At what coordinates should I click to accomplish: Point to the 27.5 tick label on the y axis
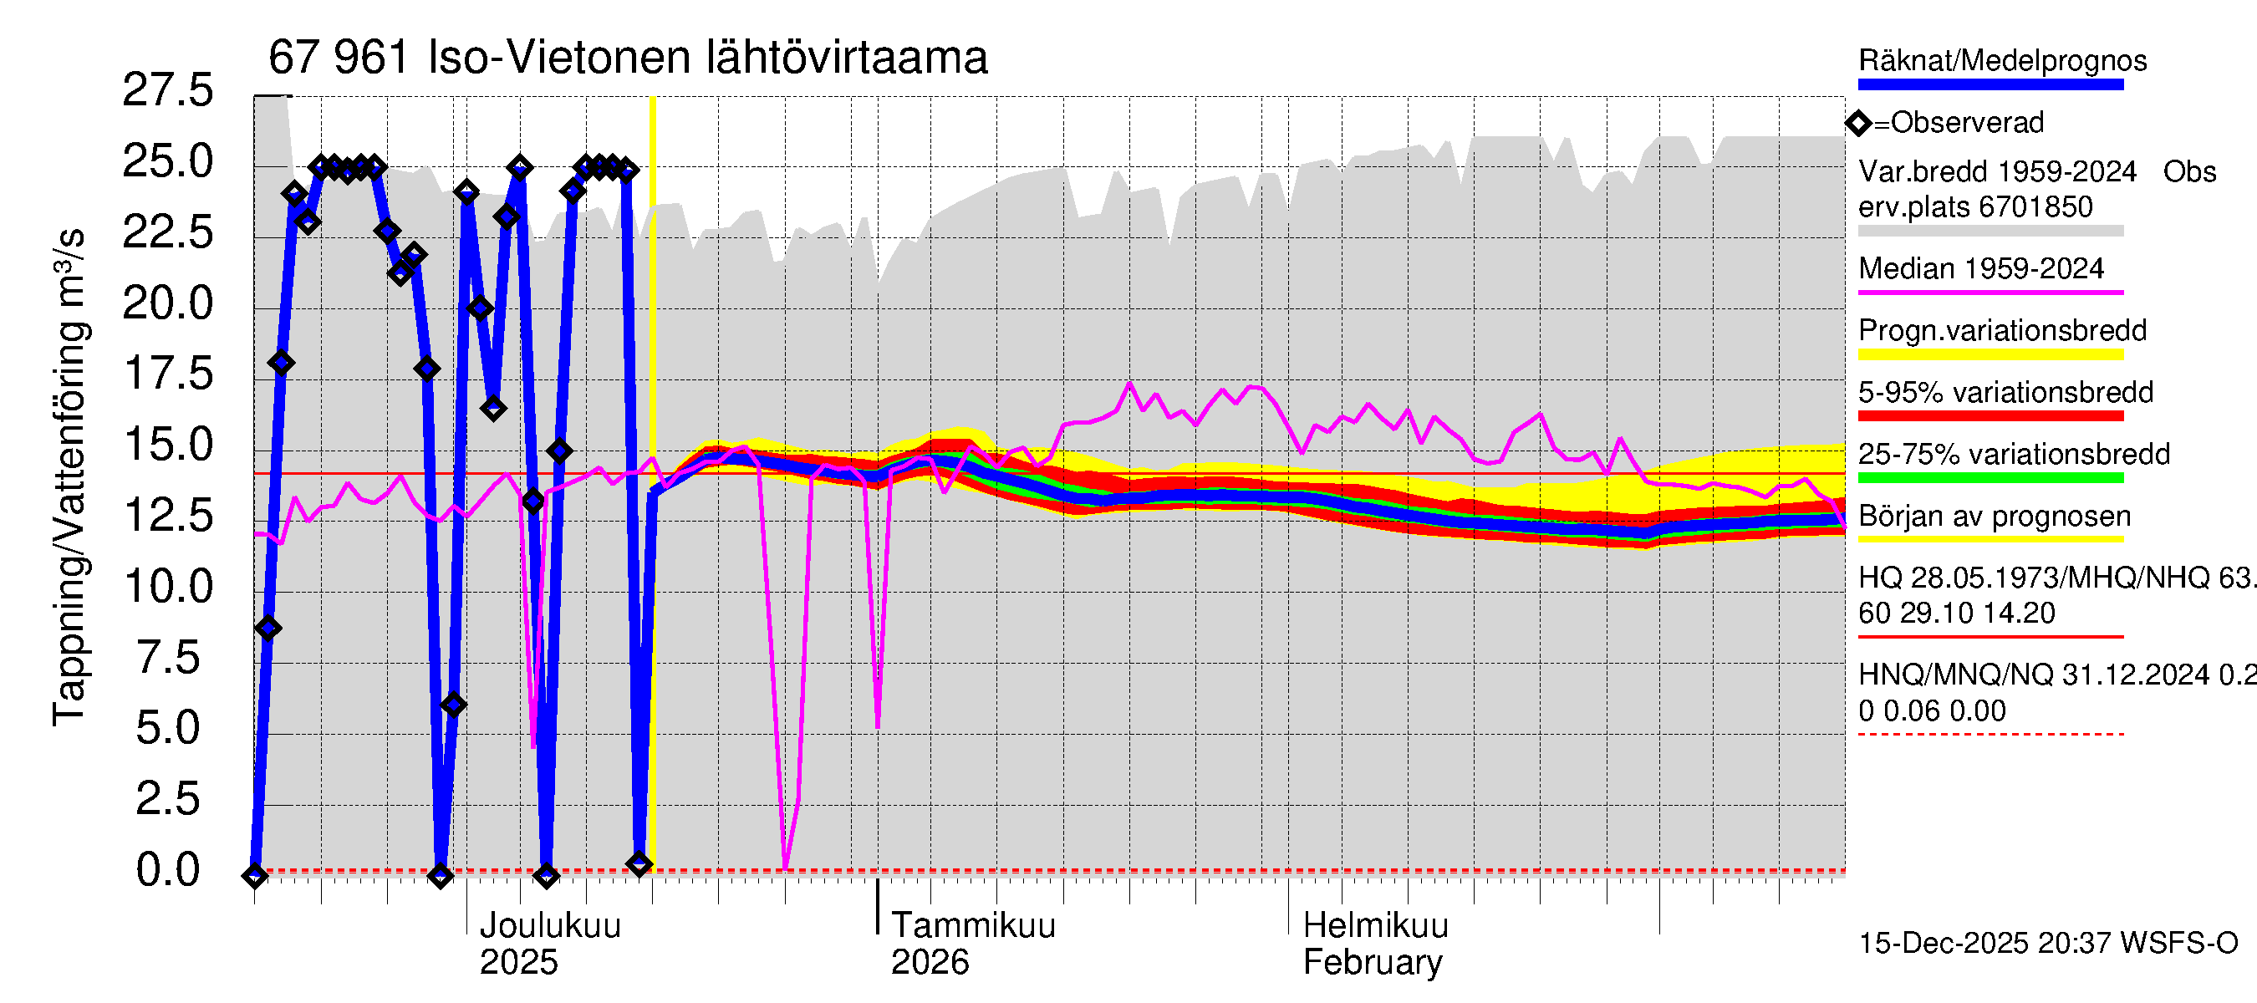pos(167,90)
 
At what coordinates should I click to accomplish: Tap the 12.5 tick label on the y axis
pos(167,515)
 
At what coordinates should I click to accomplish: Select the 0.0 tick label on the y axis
pos(167,870)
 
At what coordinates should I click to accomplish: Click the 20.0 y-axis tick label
pos(167,303)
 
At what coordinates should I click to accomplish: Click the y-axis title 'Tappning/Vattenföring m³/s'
pos(69,477)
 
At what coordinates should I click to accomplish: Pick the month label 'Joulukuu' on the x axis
pos(550,926)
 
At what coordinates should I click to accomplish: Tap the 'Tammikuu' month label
pos(972,926)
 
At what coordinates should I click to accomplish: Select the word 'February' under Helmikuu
pos(1372,963)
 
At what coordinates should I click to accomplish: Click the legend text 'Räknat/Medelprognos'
pos(2002,60)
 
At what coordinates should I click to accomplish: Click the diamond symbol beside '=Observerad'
pos(1858,124)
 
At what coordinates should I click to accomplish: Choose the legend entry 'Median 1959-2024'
pos(1980,268)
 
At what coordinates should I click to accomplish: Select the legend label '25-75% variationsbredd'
pos(2014,454)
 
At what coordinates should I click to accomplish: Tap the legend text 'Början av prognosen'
pos(1995,516)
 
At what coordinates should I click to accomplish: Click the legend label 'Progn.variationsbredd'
pos(2002,330)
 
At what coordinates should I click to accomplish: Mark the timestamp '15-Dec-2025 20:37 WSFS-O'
pos(2047,944)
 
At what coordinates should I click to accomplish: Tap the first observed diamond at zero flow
pos(255,875)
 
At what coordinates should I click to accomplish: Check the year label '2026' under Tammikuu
pos(930,963)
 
